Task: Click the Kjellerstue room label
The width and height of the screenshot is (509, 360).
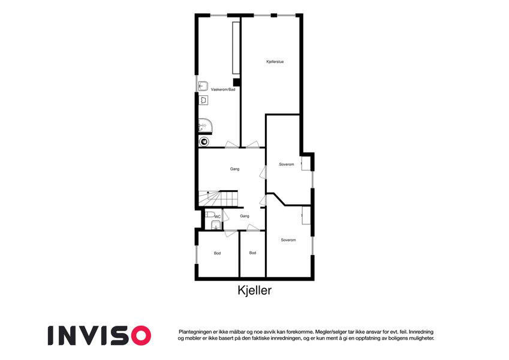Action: pos(275,61)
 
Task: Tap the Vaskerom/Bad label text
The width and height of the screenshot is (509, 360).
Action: pos(223,89)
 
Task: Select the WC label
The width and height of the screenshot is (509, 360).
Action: pos(218,217)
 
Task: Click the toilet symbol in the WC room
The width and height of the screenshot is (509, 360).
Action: pos(210,214)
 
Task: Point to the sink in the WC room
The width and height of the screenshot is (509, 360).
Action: pos(215,225)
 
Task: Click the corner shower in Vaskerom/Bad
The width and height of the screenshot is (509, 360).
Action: pos(205,127)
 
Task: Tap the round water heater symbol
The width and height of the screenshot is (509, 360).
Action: pos(204,142)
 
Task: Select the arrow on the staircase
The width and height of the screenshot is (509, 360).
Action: pos(208,194)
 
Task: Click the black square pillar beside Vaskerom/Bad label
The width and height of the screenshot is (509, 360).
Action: pos(237,83)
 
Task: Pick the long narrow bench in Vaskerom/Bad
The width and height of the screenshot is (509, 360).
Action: pos(236,48)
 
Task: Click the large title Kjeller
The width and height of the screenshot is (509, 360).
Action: pos(254,290)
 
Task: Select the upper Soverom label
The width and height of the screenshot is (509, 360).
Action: pos(287,164)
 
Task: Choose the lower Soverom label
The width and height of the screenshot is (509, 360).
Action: pos(288,240)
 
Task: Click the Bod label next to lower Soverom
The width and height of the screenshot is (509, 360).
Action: pos(252,253)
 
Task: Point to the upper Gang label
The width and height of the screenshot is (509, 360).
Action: pos(234,169)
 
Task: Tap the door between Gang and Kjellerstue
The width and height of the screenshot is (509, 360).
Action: pos(252,145)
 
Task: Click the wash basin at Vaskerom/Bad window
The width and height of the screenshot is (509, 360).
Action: pos(203,85)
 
